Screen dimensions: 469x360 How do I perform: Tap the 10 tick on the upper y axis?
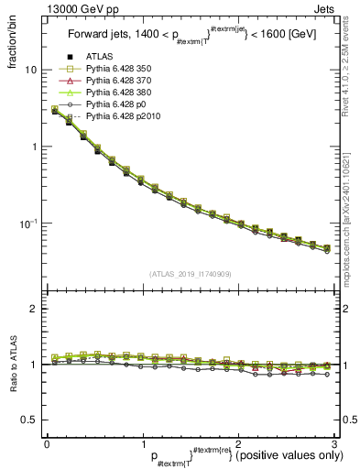(x=31, y=70)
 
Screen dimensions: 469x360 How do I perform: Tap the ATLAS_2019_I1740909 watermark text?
(x=190, y=273)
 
